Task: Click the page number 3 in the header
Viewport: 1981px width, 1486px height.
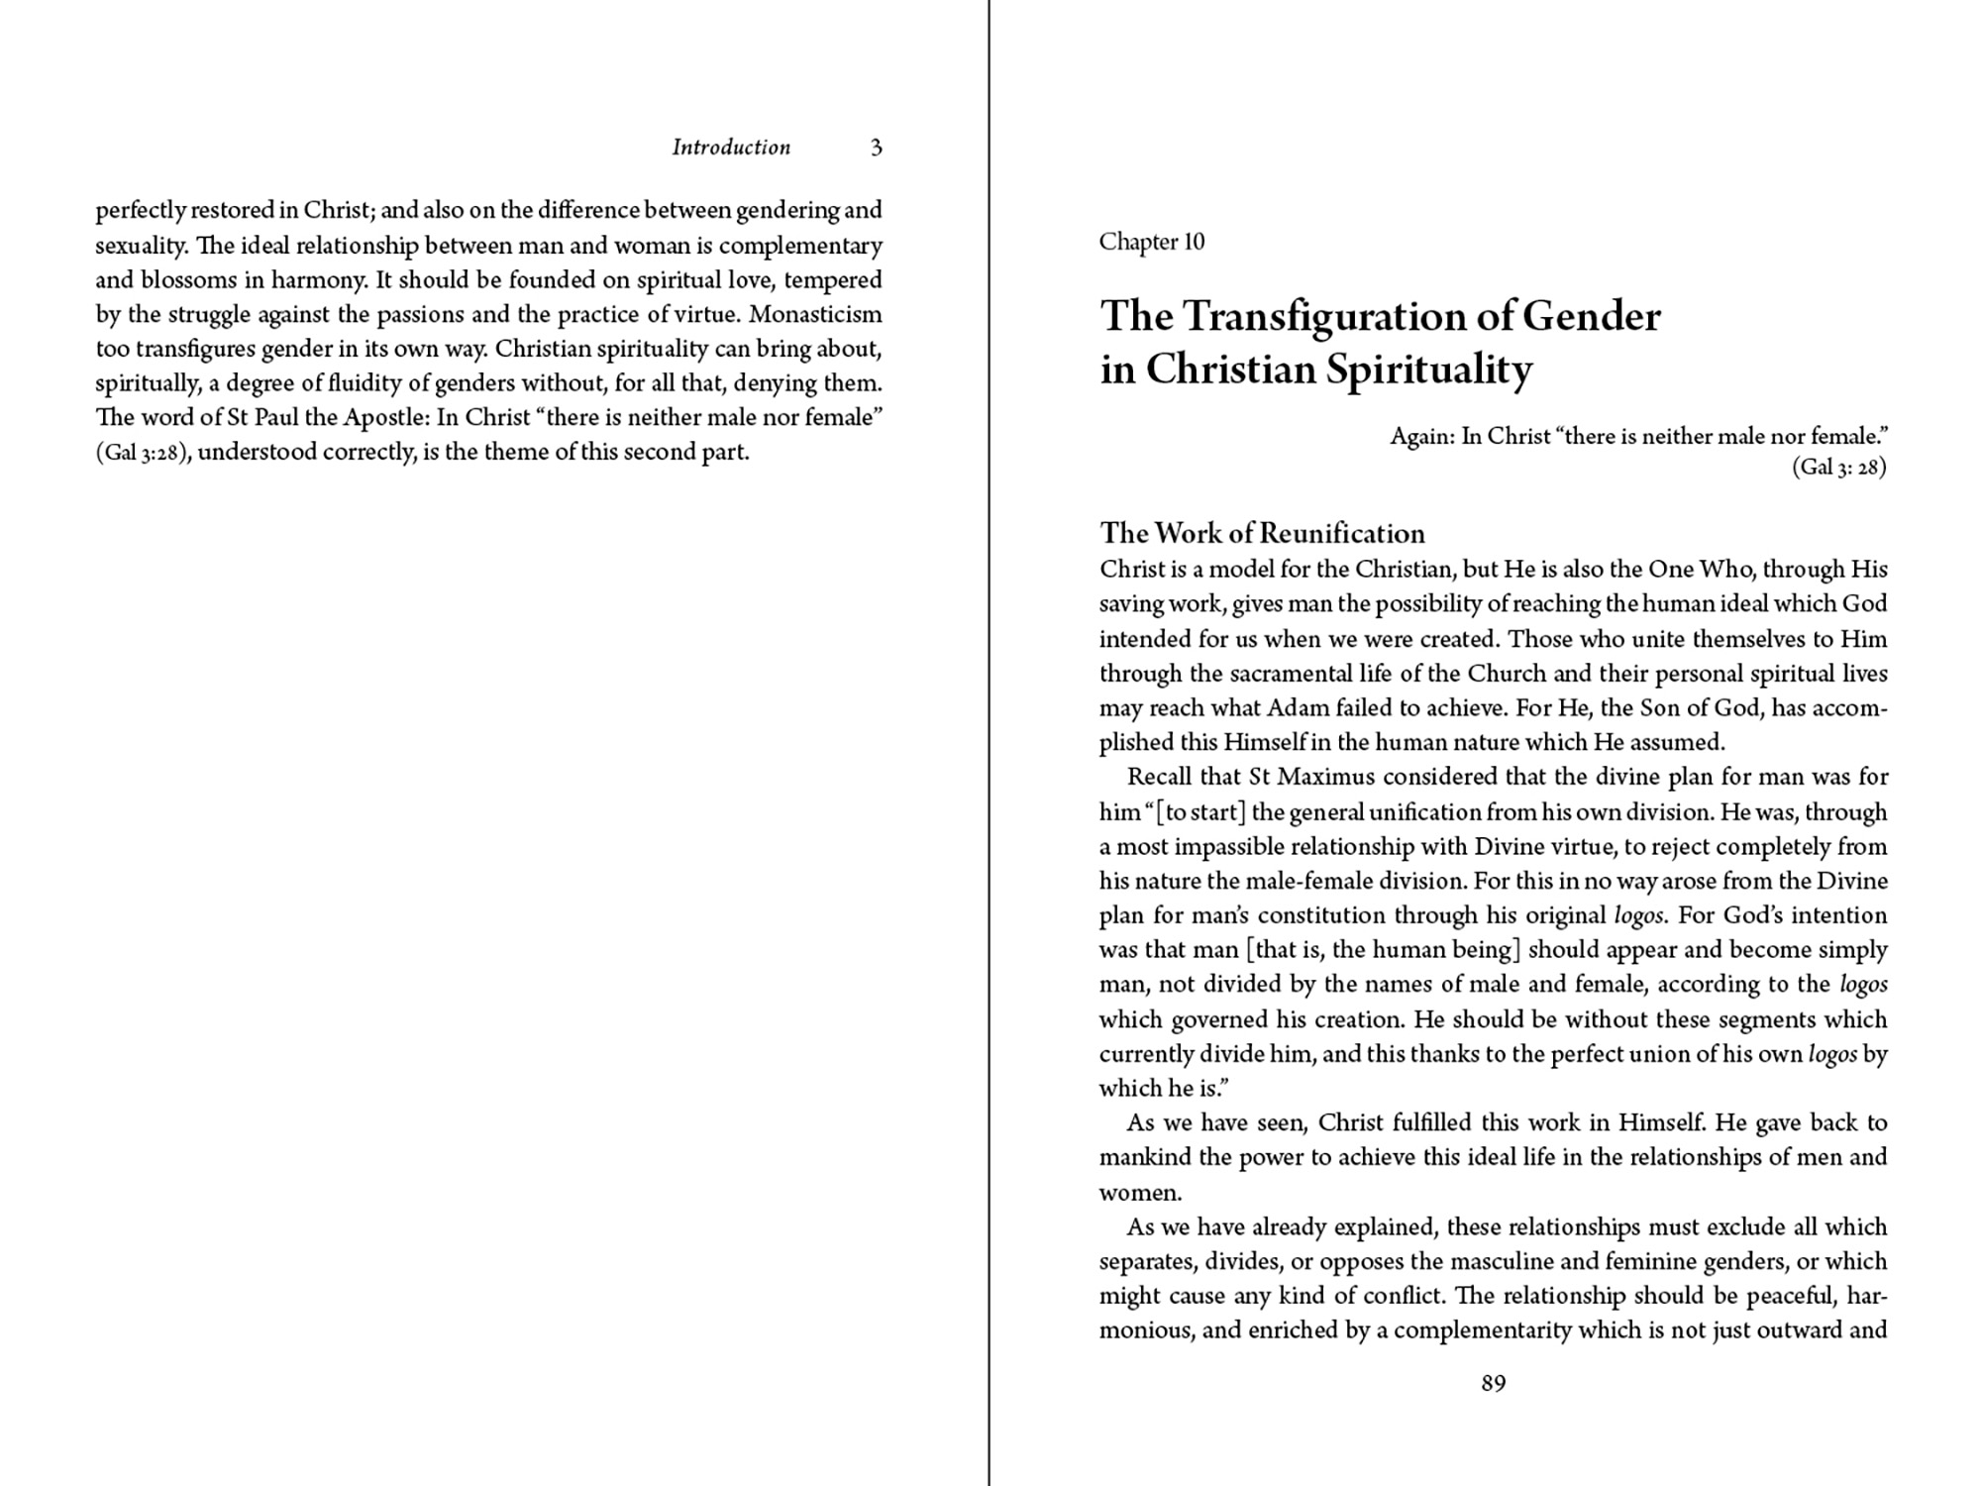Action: (876, 148)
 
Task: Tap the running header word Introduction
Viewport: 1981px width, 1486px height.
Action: (731, 148)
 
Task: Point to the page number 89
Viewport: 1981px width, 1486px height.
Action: (1494, 1383)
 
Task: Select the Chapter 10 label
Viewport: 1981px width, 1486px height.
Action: (1151, 242)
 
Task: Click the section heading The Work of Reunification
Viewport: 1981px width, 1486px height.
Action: (1262, 533)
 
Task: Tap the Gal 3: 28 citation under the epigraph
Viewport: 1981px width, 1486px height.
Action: (1838, 468)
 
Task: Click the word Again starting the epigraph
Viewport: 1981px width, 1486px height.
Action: (1421, 436)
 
